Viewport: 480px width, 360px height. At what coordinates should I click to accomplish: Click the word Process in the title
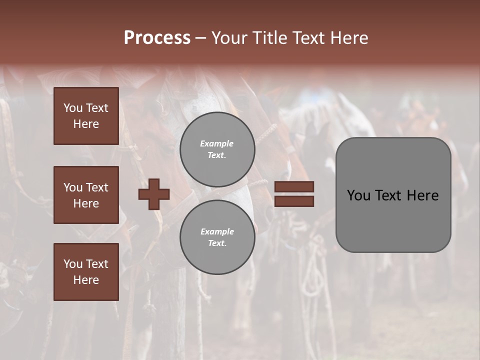point(157,38)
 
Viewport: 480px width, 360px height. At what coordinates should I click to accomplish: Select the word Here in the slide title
point(348,38)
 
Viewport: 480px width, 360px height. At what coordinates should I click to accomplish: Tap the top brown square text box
point(86,116)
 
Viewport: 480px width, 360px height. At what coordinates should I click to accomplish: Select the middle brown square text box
point(86,195)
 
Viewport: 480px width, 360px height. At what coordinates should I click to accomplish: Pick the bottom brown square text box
point(86,272)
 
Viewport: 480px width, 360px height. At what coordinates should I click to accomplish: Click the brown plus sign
point(154,194)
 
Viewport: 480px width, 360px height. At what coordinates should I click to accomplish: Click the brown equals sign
point(294,194)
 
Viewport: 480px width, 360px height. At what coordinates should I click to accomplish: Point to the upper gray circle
point(217,149)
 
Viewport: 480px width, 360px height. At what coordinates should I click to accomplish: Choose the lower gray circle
point(217,237)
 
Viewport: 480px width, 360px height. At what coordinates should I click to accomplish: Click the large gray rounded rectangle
point(393,195)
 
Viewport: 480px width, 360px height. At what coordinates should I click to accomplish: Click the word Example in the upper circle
point(216,144)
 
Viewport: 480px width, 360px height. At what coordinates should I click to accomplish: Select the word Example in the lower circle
point(217,231)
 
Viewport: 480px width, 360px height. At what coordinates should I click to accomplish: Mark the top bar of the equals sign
point(294,186)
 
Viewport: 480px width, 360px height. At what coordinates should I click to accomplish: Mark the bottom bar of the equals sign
point(294,201)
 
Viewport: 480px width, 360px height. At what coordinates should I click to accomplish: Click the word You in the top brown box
point(73,108)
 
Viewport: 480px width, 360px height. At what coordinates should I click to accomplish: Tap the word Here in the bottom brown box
point(86,280)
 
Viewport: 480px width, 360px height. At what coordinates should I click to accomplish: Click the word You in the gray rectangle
point(358,195)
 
